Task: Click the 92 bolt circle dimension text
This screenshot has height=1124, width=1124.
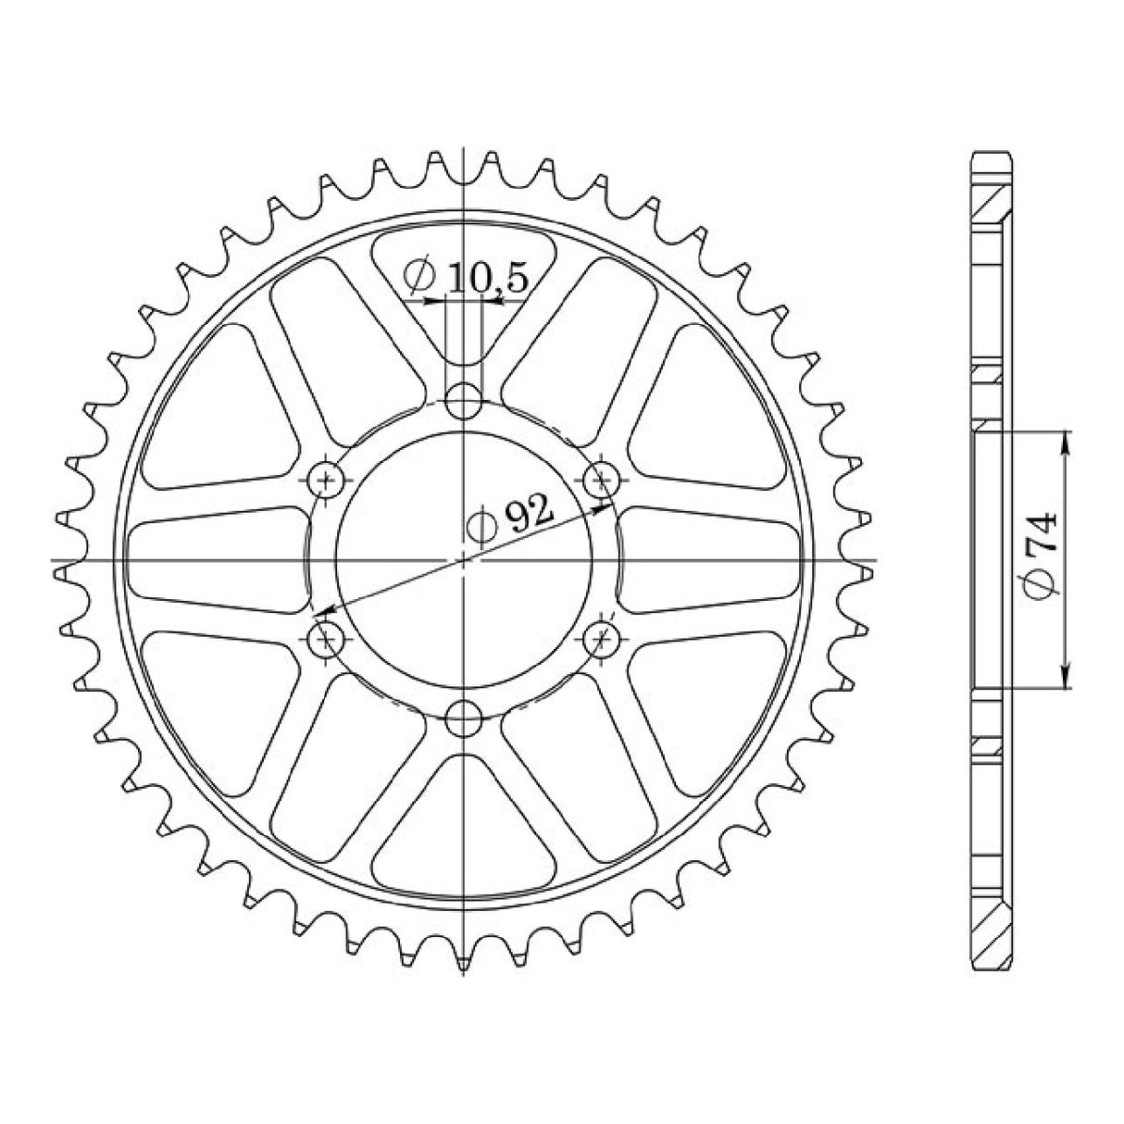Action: click(528, 511)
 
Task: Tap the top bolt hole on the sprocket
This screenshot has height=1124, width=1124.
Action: click(464, 400)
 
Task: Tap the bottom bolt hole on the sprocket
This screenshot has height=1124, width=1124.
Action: click(464, 718)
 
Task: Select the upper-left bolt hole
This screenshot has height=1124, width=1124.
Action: click(326, 480)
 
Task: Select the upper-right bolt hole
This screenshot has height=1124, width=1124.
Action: click(602, 480)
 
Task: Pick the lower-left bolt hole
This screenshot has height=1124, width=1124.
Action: click(326, 639)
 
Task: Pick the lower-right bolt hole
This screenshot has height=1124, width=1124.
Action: click(602, 639)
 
